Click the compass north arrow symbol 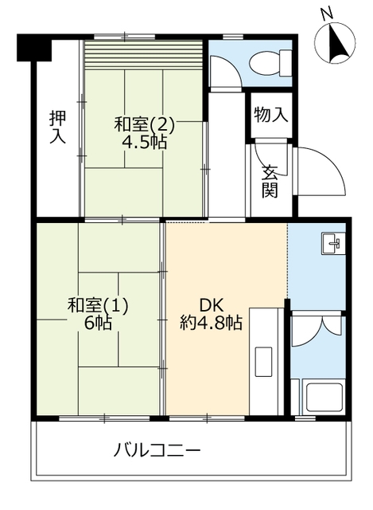pyautogui.click(x=336, y=43)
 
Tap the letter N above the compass pyautogui.click(x=325, y=14)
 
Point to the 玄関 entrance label pyautogui.click(x=270, y=181)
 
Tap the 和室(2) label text pyautogui.click(x=144, y=126)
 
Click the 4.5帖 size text pyautogui.click(x=144, y=143)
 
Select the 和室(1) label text pyautogui.click(x=98, y=305)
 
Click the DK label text pyautogui.click(x=209, y=305)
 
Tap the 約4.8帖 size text pyautogui.click(x=210, y=324)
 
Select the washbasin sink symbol pyautogui.click(x=332, y=243)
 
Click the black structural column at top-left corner pyautogui.click(x=33, y=49)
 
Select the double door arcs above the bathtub pyautogui.click(x=317, y=331)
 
